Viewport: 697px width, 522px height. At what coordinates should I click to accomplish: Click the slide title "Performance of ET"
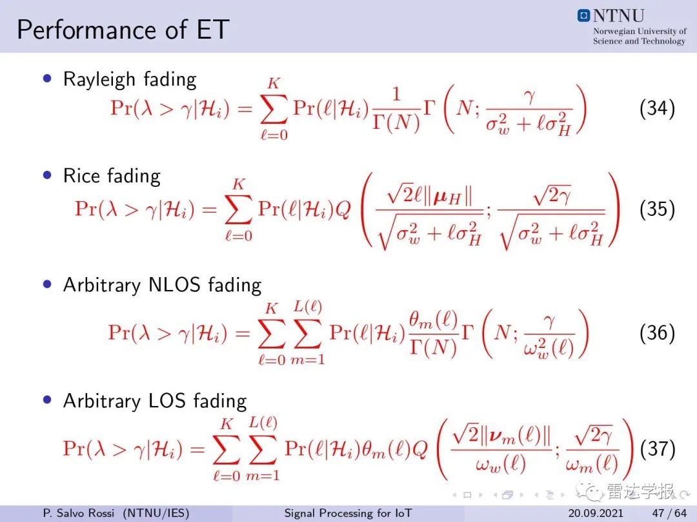click(x=123, y=30)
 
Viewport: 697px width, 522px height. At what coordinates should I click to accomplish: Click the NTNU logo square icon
click(x=583, y=15)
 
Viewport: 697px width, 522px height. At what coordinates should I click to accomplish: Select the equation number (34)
click(x=657, y=108)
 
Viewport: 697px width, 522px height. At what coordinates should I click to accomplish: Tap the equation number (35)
click(x=657, y=209)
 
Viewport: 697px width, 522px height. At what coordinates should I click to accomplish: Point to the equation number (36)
click(x=657, y=333)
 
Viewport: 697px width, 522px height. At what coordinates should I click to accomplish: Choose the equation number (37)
click(x=658, y=449)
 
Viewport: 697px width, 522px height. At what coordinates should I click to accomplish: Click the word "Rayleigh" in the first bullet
click(x=99, y=80)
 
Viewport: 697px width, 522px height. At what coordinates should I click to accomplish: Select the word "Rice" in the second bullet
click(x=81, y=176)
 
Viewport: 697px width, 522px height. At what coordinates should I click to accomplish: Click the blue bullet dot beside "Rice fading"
click(x=47, y=175)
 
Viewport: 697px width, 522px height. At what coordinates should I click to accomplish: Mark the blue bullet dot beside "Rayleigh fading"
click(x=47, y=79)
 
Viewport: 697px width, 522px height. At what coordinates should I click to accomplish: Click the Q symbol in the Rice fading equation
click(x=343, y=209)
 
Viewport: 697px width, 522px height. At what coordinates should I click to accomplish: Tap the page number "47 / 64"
click(x=669, y=513)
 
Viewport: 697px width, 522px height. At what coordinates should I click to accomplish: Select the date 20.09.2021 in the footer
click(x=596, y=513)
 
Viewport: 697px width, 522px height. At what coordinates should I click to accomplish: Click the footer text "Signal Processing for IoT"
click(x=348, y=513)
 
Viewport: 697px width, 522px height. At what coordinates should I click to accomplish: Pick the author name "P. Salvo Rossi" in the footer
click(x=79, y=513)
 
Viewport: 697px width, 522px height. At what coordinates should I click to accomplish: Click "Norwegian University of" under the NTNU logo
click(x=640, y=31)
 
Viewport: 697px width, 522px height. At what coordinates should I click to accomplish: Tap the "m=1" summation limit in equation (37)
click(x=263, y=476)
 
